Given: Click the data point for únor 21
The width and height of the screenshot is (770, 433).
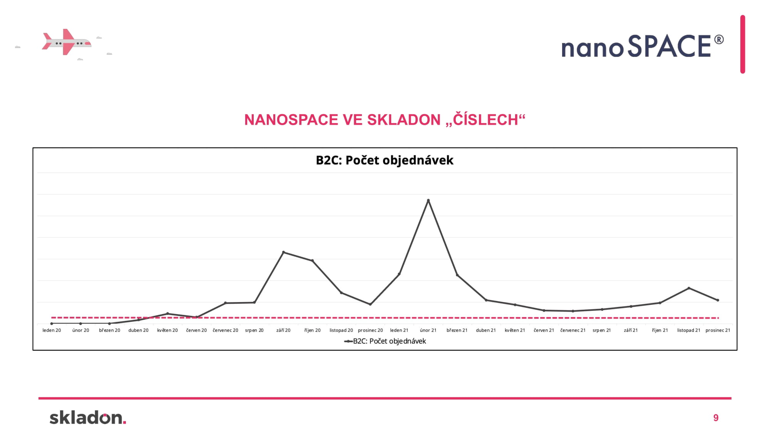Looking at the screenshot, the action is (428, 200).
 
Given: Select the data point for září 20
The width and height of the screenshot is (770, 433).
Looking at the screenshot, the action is (283, 252).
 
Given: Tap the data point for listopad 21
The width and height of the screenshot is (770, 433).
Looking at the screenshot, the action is (689, 288).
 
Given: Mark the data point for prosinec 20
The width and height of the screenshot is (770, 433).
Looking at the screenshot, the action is (370, 304).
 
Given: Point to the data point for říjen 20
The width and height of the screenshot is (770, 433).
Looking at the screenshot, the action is (312, 261).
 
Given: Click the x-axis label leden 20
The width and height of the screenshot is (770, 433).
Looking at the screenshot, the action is (52, 330).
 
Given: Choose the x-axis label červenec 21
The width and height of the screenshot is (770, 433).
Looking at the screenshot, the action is (573, 330).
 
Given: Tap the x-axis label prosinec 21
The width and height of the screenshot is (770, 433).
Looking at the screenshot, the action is (718, 330).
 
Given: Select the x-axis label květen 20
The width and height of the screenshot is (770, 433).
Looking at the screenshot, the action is (167, 330).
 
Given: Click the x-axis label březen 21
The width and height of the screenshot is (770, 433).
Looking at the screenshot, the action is (457, 330).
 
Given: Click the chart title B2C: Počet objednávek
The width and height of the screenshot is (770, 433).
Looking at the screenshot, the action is (385, 160).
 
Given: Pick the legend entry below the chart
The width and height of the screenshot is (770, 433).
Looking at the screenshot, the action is (385, 341).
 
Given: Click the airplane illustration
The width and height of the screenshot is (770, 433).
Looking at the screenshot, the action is (67, 42).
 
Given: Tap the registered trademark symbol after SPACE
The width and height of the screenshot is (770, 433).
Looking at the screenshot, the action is (719, 40).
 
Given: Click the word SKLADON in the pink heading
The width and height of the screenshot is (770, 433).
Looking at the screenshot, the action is (404, 120).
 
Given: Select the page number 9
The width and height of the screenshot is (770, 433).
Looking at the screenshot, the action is (716, 418).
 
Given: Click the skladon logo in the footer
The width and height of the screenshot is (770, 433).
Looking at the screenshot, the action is (88, 417).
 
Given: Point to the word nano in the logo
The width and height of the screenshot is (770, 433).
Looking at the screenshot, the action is (593, 49).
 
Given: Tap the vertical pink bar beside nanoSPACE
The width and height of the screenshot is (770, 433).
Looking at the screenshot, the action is (743, 44).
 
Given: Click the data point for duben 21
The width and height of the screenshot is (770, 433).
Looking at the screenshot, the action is (486, 300).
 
